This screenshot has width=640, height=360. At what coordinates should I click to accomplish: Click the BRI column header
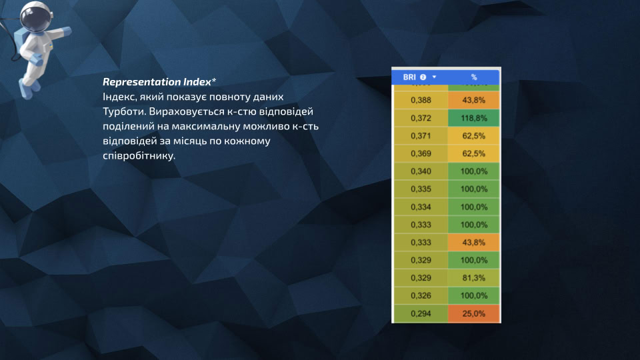(x=409, y=77)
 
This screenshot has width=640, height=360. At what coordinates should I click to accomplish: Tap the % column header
(x=474, y=77)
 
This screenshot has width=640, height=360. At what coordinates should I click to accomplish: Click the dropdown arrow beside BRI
(x=435, y=77)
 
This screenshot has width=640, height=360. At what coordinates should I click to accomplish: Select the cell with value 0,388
(x=421, y=100)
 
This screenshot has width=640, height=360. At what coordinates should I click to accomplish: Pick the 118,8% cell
(x=474, y=118)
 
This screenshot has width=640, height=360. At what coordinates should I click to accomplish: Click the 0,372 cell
(x=421, y=118)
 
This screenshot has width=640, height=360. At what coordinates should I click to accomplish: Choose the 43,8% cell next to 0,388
(x=474, y=100)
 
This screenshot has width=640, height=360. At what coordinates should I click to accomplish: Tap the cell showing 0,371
(x=421, y=135)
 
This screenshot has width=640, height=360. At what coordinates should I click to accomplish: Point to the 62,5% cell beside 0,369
(x=474, y=153)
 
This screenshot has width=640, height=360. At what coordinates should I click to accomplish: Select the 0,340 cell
(x=421, y=171)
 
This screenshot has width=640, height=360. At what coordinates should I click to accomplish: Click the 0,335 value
(x=421, y=189)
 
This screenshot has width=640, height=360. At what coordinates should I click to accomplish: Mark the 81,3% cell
(x=474, y=277)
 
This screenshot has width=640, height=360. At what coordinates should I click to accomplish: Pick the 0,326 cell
(x=421, y=295)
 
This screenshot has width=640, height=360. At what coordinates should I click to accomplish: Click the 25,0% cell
(x=474, y=313)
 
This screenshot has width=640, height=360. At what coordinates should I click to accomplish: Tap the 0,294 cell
(x=421, y=313)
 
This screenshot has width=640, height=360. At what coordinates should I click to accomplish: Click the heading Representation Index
(x=156, y=82)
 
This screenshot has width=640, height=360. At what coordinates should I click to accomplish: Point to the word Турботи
(x=121, y=111)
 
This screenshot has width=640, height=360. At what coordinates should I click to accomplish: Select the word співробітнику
(x=138, y=156)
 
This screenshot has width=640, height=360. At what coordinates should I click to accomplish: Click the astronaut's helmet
(x=33, y=15)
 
